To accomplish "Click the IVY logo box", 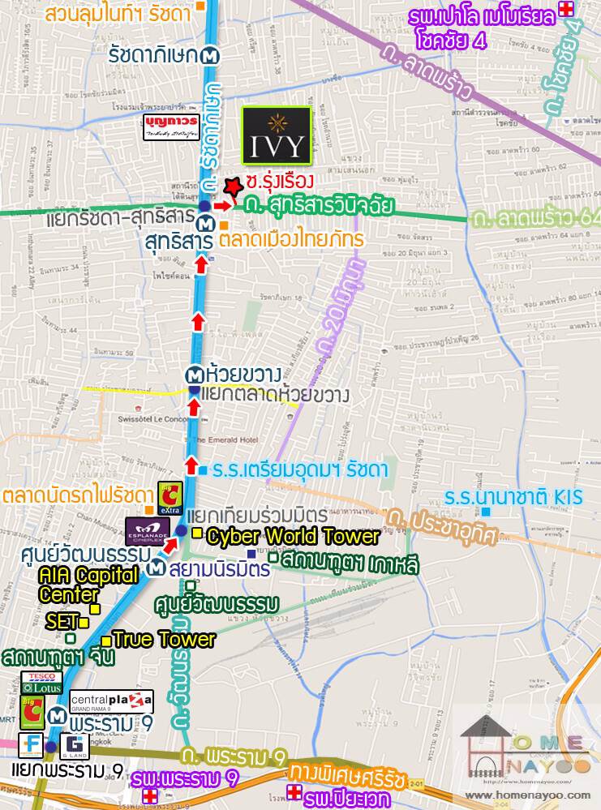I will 278,135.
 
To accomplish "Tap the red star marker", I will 234,186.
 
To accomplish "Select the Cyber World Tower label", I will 293,537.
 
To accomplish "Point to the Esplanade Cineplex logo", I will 148,531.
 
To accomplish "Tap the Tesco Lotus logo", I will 41,682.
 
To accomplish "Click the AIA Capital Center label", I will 73,585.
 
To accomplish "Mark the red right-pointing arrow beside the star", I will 223,206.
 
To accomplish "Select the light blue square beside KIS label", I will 486,512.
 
